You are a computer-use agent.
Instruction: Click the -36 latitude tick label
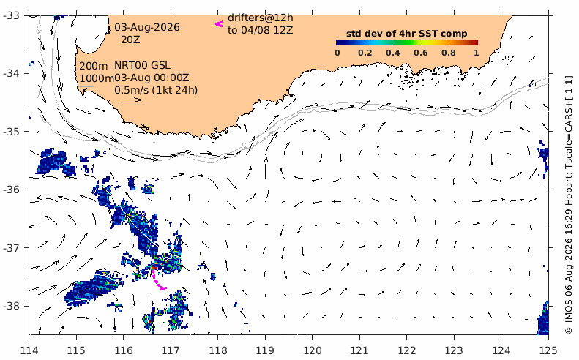pos(12,190)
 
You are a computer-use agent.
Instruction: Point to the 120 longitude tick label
pos(312,350)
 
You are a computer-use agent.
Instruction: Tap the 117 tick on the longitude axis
pos(171,350)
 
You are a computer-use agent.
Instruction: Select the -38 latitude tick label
pos(12,306)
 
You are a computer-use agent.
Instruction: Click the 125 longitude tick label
pos(548,350)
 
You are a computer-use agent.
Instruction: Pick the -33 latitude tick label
pos(12,15)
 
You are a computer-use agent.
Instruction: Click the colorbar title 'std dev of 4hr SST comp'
pos(406,34)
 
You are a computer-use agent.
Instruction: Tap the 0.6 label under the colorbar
pos(421,53)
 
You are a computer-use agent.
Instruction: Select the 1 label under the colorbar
pos(477,53)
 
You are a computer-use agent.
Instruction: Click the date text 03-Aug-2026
pos(147,27)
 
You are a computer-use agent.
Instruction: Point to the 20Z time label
pos(130,39)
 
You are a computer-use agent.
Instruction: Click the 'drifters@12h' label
pos(261,18)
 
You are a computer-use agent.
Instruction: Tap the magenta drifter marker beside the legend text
pos(220,24)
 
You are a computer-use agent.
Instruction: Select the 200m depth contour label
pos(94,66)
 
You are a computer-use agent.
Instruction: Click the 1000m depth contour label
pos(97,78)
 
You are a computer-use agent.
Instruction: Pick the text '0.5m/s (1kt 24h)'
pos(156,90)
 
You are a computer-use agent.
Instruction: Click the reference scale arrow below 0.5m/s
pos(130,100)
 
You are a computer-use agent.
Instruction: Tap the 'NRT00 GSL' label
pos(142,65)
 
